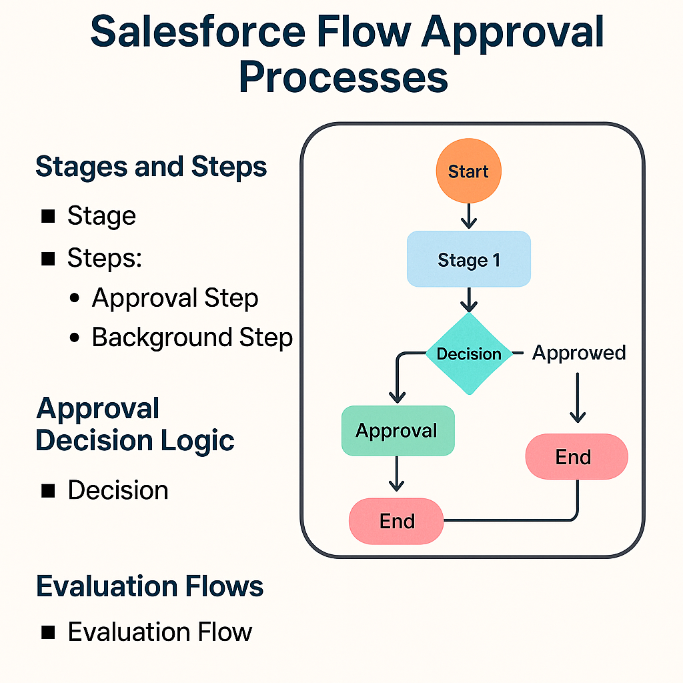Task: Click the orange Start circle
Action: pyautogui.click(x=468, y=171)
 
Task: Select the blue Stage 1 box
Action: pyautogui.click(x=468, y=259)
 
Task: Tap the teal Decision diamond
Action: pyautogui.click(x=468, y=354)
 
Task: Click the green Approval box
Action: pyautogui.click(x=398, y=431)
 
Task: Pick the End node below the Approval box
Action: pyautogui.click(x=397, y=521)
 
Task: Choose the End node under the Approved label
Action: pyautogui.click(x=576, y=457)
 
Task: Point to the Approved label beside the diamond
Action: pyautogui.click(x=579, y=353)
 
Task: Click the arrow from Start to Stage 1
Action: pyautogui.click(x=468, y=215)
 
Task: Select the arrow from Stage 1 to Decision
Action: pyautogui.click(x=468, y=299)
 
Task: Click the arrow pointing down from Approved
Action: pyautogui.click(x=577, y=397)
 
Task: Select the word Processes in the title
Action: pyautogui.click(x=343, y=78)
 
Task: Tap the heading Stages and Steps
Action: pyautogui.click(x=151, y=167)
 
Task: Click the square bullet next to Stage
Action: pyautogui.click(x=48, y=216)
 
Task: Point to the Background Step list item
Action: pyautogui.click(x=192, y=337)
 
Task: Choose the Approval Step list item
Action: pyautogui.click(x=175, y=298)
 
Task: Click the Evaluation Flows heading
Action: pyautogui.click(x=150, y=586)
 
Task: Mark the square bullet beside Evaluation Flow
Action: pyautogui.click(x=48, y=632)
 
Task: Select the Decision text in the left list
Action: pyautogui.click(x=118, y=490)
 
